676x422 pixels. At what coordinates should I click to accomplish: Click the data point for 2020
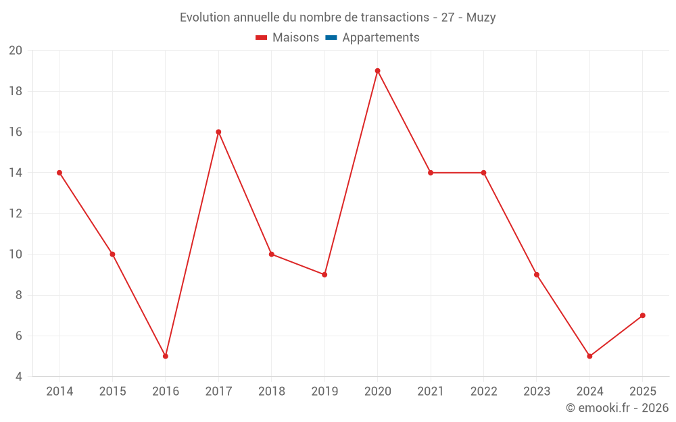pos(377,71)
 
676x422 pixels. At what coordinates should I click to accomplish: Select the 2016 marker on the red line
pos(166,356)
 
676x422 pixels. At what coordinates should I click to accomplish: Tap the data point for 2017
pos(218,132)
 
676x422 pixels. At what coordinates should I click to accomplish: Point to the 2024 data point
pos(589,356)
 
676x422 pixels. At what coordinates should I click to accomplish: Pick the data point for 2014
pos(59,173)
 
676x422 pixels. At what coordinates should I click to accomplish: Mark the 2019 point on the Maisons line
pos(324,275)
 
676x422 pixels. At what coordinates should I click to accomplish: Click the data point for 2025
pos(642,315)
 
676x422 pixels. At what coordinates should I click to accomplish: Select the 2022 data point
pos(483,173)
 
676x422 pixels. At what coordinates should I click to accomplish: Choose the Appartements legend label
pos(381,38)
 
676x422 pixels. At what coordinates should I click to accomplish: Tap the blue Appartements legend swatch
pos(331,38)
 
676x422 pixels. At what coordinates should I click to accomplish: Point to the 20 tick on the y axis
pos(16,51)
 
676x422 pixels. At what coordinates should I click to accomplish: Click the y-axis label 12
pos(16,213)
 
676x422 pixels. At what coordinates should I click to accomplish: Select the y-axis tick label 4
pos(19,377)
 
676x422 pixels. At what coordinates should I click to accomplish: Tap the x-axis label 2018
pos(272,392)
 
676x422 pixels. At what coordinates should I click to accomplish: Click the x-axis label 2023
pos(536,392)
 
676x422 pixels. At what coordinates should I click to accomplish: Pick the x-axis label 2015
pos(112,392)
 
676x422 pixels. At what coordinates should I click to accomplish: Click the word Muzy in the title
pos(481,18)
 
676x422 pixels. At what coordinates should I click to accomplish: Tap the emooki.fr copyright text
pos(617,408)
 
